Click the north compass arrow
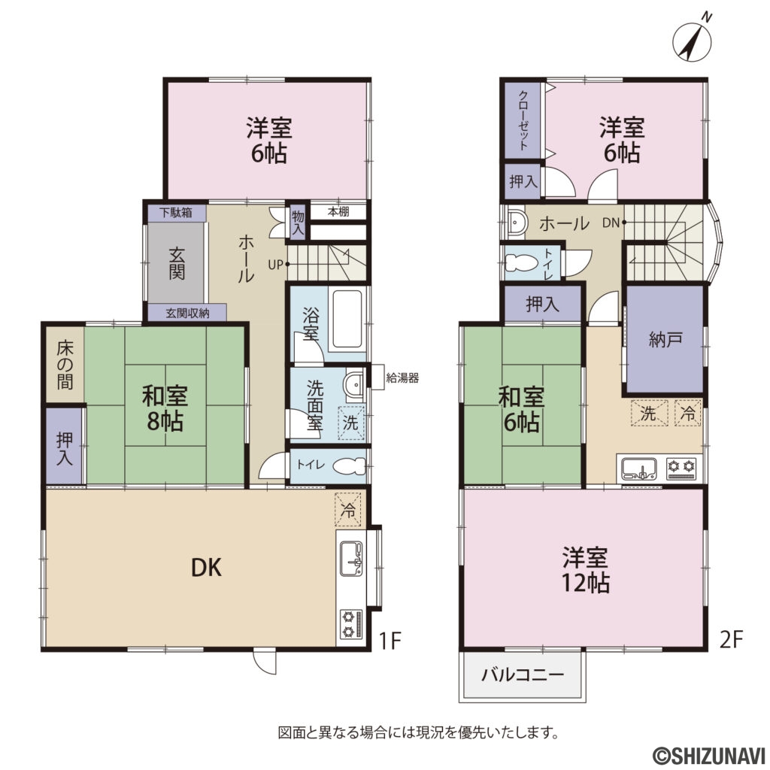(692, 41)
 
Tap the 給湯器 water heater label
(402, 377)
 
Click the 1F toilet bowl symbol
(350, 465)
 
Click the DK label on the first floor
(206, 567)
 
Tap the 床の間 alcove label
(65, 365)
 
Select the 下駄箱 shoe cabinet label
(175, 213)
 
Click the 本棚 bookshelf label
(338, 211)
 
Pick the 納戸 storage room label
(665, 339)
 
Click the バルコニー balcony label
(523, 675)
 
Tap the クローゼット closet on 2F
(523, 120)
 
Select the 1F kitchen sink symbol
(352, 559)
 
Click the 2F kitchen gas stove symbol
(681, 468)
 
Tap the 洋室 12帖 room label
(585, 570)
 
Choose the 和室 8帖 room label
(165, 408)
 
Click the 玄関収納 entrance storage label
(187, 313)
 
